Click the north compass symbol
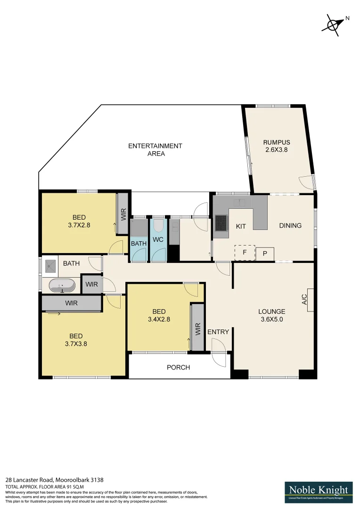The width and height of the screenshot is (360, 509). click(x=334, y=24)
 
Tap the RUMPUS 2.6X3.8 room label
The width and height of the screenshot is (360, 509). click(x=276, y=147)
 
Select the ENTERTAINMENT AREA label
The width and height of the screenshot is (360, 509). click(x=155, y=150)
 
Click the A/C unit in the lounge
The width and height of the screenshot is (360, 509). click(x=310, y=299)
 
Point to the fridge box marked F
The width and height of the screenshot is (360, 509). click(x=245, y=252)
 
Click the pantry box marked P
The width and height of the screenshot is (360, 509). click(x=265, y=254)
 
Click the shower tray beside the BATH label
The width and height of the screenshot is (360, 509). click(x=50, y=267)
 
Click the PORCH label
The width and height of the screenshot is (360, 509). click(x=179, y=367)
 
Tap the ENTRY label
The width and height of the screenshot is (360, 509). click(x=218, y=332)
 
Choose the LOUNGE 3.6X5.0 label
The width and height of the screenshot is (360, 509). click(x=271, y=315)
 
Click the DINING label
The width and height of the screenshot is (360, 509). click(x=290, y=226)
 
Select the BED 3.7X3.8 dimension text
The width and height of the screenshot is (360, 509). click(x=76, y=344)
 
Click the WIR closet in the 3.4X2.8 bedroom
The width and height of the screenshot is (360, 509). click(x=197, y=328)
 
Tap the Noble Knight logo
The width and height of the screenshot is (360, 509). click(x=319, y=492)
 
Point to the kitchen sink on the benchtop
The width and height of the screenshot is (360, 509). click(x=241, y=203)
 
